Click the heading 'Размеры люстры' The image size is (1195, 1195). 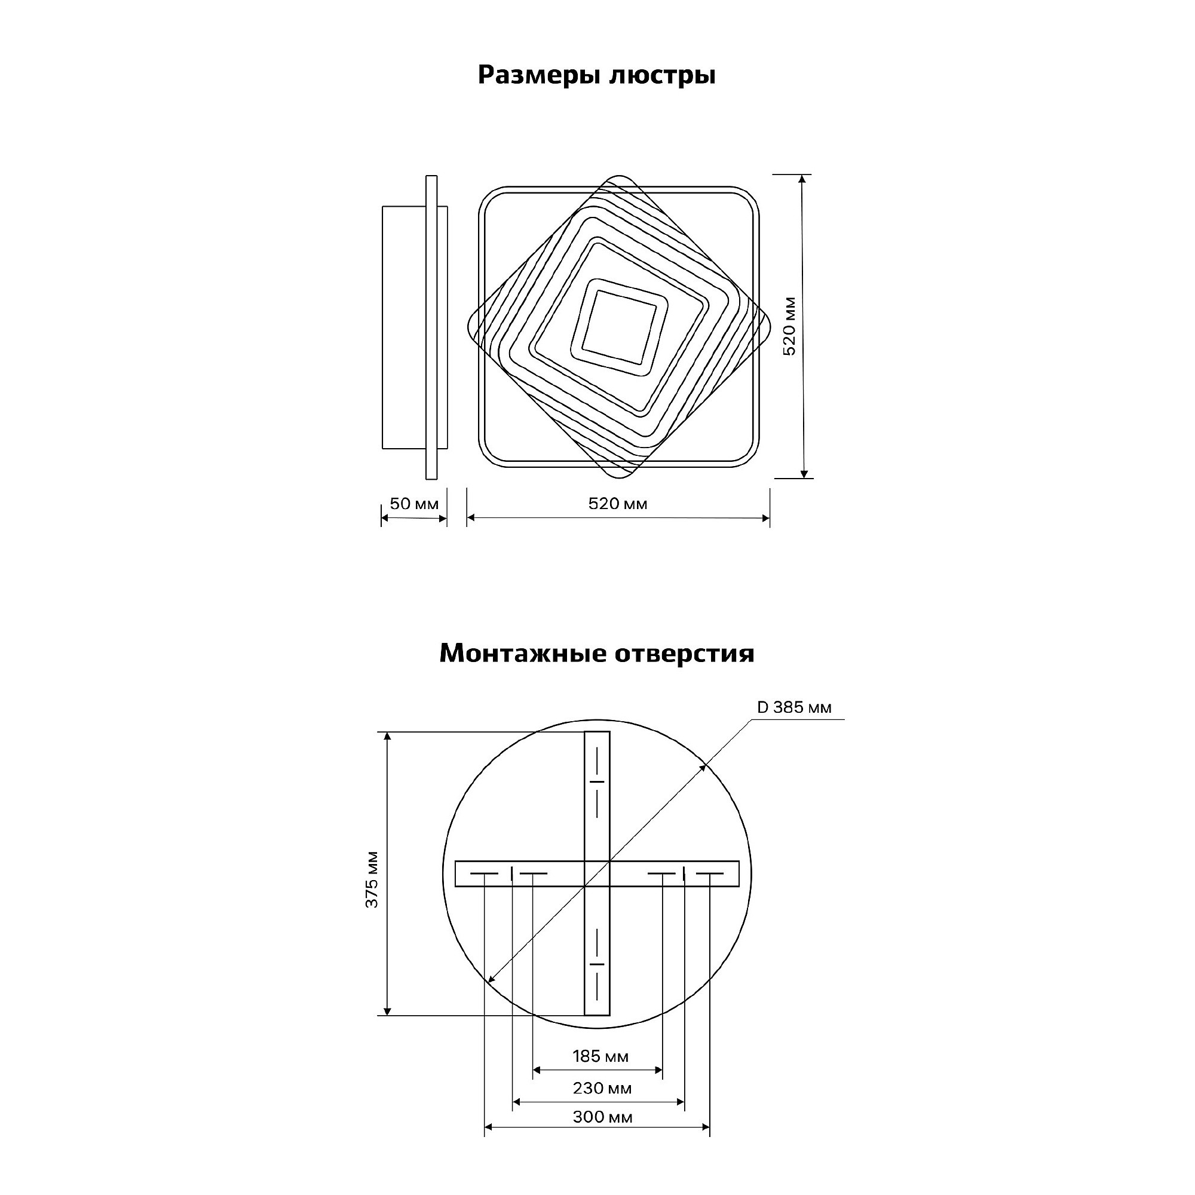597,75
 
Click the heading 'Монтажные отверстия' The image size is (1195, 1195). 597,653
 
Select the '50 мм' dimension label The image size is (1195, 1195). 414,504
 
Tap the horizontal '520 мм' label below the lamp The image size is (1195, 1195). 618,504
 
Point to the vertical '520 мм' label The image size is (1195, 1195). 790,326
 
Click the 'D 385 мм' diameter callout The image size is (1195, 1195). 794,707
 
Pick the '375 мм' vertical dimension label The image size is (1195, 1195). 372,880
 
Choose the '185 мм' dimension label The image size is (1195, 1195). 600,1056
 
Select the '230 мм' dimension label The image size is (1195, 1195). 602,1089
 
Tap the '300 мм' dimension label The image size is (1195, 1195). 602,1117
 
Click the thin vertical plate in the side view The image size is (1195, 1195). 432,327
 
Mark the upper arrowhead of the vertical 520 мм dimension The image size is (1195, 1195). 802,179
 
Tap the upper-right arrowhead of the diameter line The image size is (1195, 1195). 703,767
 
